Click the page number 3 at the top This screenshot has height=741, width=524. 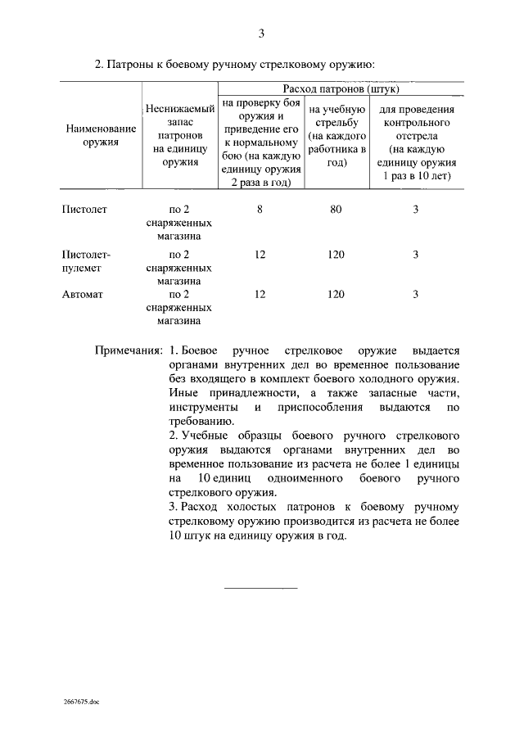(x=261, y=34)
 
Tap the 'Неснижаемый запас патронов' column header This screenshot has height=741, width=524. (x=181, y=135)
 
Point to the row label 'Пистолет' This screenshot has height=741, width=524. (x=85, y=210)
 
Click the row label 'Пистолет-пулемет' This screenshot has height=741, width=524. (x=86, y=261)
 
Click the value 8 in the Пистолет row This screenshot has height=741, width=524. (x=260, y=210)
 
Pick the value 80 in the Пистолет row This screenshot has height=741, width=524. (x=336, y=210)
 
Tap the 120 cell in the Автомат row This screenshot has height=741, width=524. (x=336, y=293)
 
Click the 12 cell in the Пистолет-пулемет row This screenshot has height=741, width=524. (x=260, y=255)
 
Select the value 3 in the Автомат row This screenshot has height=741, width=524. (x=415, y=293)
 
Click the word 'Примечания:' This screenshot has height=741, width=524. (x=129, y=350)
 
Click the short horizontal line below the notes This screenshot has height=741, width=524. (x=261, y=587)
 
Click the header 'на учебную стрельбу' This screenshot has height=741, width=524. (x=336, y=135)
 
